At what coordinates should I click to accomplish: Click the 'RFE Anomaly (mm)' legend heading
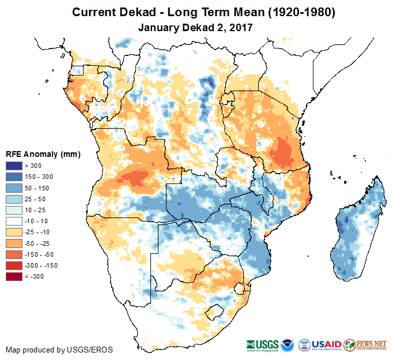tap(43, 155)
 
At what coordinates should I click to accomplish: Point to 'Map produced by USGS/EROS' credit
tap(59, 350)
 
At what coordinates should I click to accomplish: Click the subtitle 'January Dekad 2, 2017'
tap(196, 27)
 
